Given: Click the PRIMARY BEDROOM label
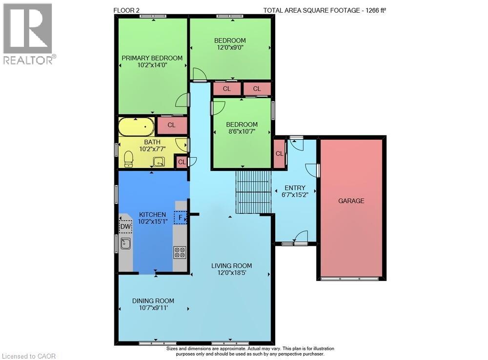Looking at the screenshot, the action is point(152,58).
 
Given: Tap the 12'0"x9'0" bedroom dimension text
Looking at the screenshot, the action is point(230,48).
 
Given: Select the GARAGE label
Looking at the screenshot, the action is point(351,201).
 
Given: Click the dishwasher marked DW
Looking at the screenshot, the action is point(125,226).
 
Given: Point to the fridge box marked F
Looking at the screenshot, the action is point(180,217).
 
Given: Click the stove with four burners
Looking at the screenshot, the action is point(180,252).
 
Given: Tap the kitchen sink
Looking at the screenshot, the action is point(125,244).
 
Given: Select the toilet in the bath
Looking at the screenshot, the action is point(128,159).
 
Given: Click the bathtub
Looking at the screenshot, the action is point(136,127).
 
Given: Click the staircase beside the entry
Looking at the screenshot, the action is point(253,192).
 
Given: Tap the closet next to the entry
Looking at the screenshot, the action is point(279,154).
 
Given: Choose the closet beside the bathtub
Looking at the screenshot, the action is point(171,125).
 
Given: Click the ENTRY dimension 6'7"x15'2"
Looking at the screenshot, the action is point(295,195).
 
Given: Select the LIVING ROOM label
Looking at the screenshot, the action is point(231,266).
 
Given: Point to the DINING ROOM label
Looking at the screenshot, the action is point(153,301).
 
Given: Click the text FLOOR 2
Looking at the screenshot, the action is point(126,10).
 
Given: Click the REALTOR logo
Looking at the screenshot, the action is point(29,34).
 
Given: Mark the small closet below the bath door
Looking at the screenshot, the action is point(182,162).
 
